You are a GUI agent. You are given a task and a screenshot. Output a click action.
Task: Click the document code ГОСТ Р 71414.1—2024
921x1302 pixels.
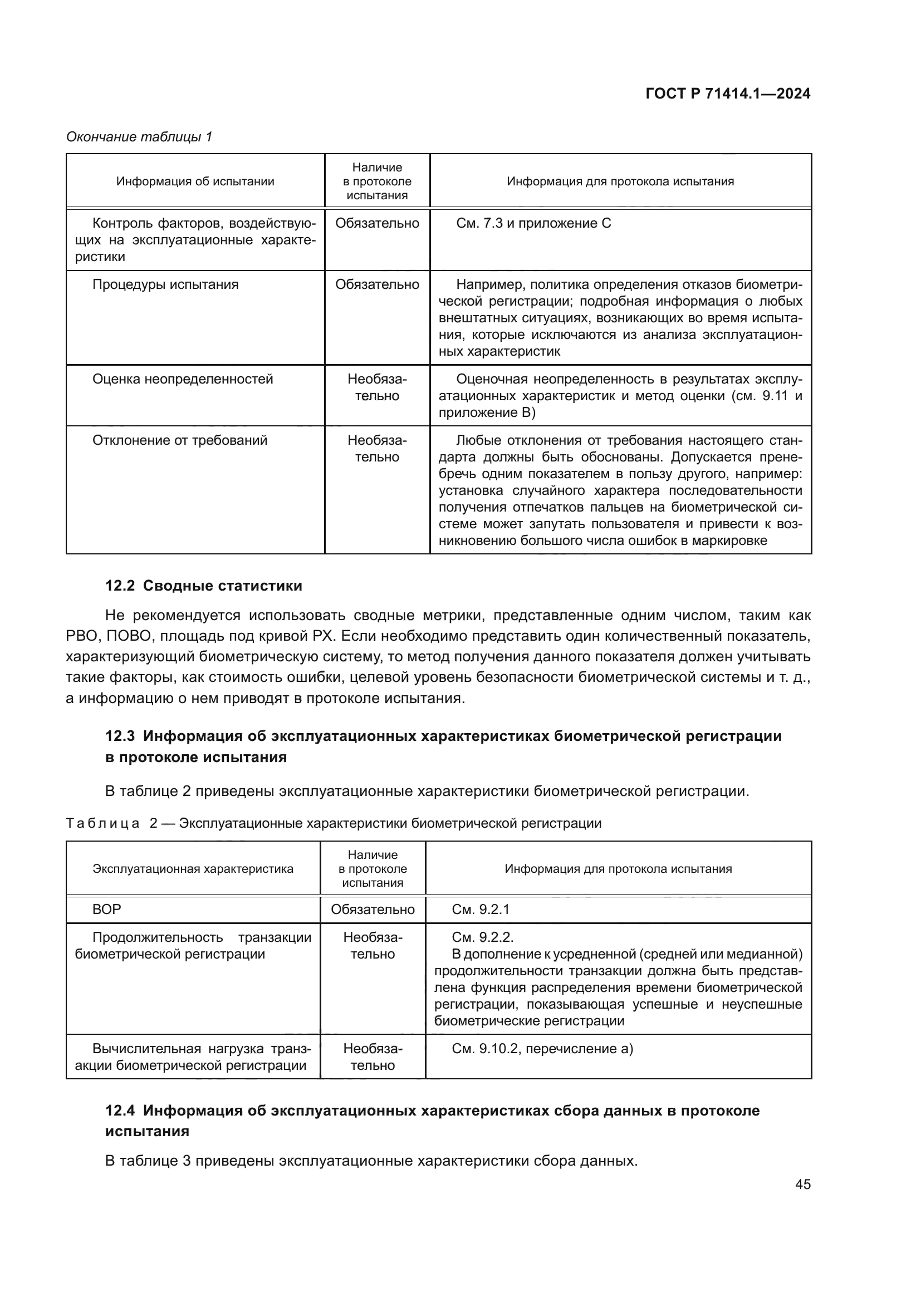tap(728, 94)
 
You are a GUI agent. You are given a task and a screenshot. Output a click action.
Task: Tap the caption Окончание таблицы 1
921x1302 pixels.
tap(139, 137)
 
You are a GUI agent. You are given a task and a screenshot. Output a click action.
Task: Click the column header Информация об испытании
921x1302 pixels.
tap(195, 181)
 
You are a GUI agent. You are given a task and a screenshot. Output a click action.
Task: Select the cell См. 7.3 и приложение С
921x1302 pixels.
tap(533, 223)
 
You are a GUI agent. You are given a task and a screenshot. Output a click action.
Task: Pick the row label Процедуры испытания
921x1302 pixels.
tap(165, 284)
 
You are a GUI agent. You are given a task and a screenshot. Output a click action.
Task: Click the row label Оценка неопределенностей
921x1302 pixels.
tap(182, 380)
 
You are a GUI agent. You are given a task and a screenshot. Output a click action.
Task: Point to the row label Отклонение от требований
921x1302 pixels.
tap(179, 441)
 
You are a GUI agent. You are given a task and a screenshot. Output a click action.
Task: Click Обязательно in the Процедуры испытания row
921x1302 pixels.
tap(376, 284)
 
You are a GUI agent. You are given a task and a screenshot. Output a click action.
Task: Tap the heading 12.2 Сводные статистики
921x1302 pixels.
tap(204, 586)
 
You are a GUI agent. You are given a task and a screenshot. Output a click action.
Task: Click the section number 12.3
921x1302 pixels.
tap(120, 736)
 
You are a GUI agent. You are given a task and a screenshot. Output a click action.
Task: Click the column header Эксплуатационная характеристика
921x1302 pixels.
tap(193, 869)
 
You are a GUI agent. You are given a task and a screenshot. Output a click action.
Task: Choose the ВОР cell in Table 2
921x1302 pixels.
tap(106, 910)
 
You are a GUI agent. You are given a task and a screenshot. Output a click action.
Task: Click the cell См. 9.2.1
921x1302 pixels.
tap(481, 910)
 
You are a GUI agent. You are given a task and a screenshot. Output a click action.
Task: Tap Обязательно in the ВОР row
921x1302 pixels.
tap(373, 910)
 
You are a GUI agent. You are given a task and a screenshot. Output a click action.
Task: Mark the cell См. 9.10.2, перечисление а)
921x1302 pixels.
tap(542, 1049)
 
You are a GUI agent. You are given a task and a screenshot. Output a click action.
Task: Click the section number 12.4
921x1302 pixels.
tap(120, 1111)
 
